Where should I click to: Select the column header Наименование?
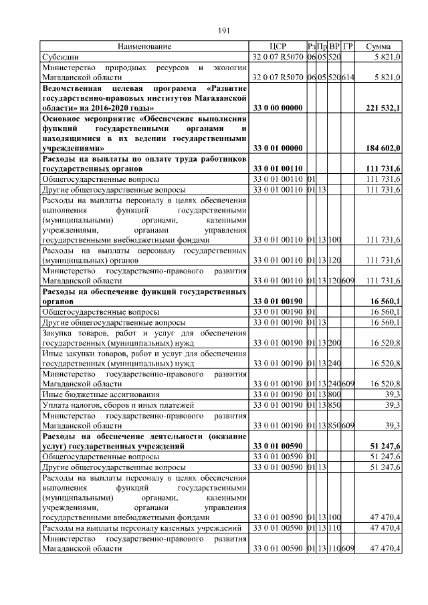[x=144, y=46]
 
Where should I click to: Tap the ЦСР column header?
[x=277, y=46]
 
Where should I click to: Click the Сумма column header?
[x=379, y=46]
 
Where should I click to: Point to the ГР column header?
[x=348, y=46]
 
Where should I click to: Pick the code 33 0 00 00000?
[x=277, y=108]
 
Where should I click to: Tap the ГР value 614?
[x=348, y=78]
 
